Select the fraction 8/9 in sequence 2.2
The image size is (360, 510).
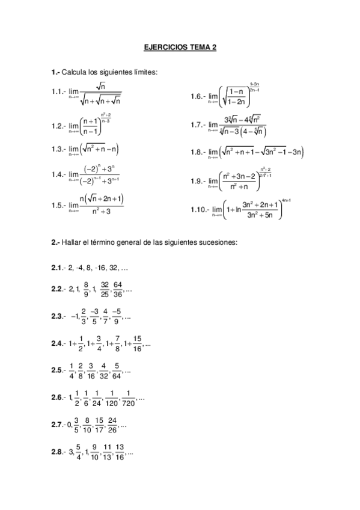click(x=87, y=289)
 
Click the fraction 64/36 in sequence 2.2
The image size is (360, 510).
click(x=118, y=289)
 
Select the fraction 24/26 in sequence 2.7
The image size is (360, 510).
click(x=112, y=425)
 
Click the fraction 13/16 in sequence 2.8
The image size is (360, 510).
click(x=120, y=452)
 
